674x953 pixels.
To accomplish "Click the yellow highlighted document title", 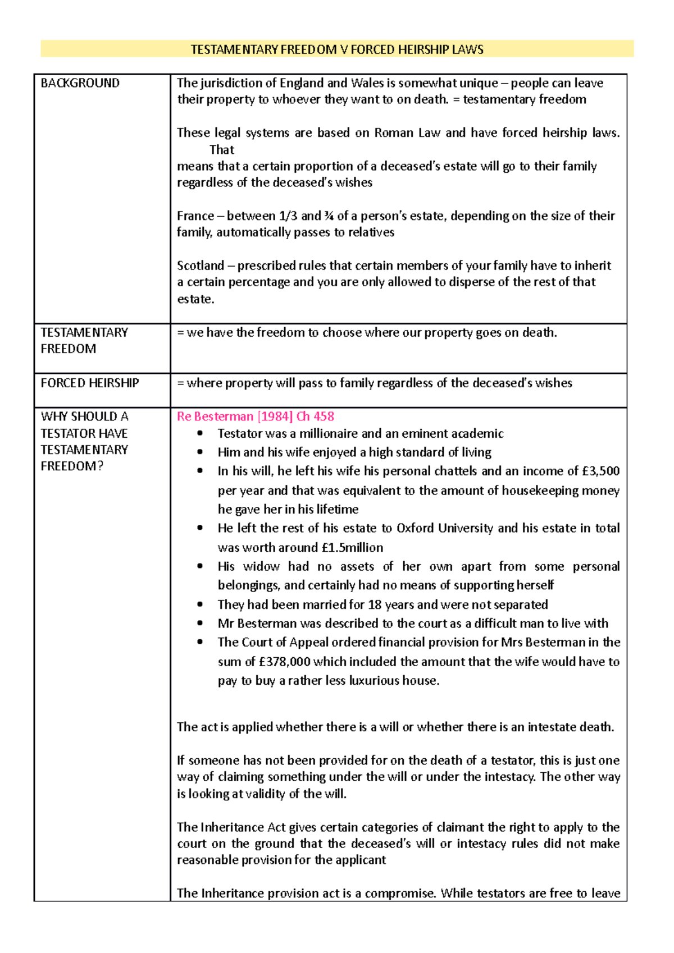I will (x=337, y=49).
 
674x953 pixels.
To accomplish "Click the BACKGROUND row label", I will (x=80, y=83).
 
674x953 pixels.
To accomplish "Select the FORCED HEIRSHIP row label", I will (x=90, y=383).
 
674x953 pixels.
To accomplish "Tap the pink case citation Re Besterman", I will (x=255, y=416).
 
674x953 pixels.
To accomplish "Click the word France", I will (x=195, y=216).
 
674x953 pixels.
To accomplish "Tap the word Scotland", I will (x=200, y=265).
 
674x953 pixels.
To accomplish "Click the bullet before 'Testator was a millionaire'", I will (x=200, y=433).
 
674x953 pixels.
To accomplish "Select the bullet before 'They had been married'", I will (x=200, y=604).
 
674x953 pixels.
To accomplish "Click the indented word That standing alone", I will (x=222, y=150).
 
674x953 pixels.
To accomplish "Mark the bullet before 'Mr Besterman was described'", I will (x=200, y=624).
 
